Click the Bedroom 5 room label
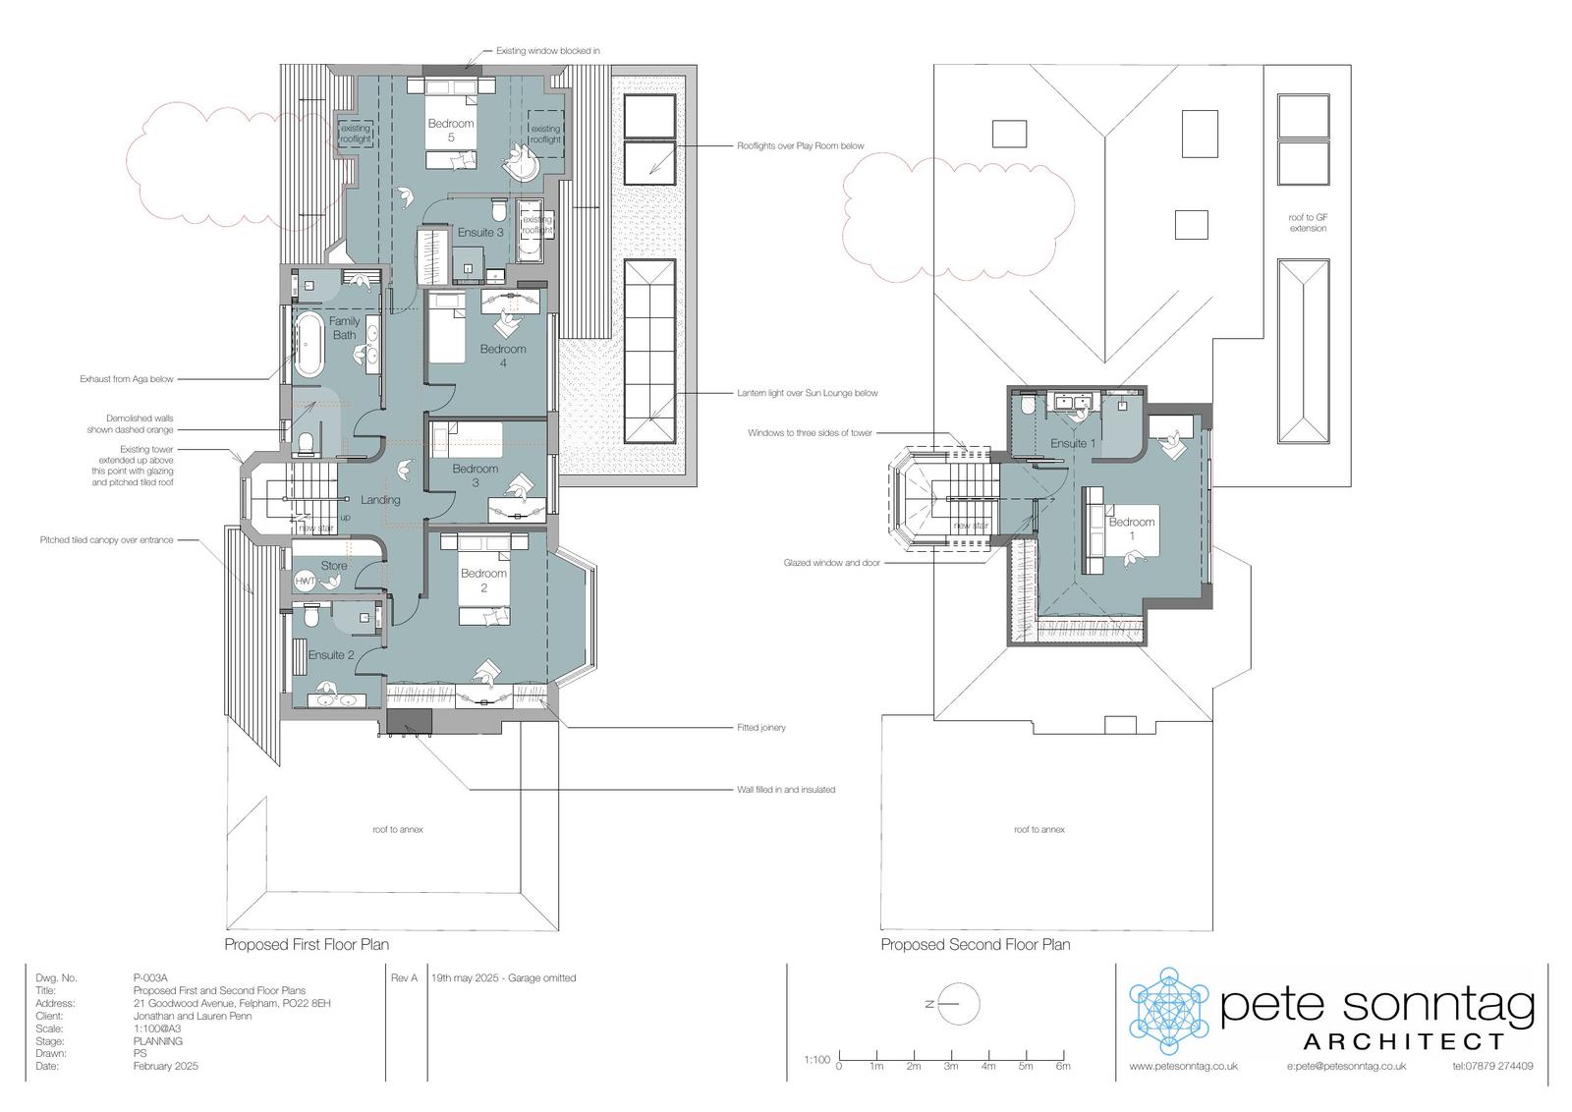451,131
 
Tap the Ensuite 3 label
480,232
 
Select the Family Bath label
344,328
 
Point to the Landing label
380,500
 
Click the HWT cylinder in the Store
306,581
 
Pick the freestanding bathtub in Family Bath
308,345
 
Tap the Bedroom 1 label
1131,529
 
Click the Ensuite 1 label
1072,443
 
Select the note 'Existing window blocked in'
547,50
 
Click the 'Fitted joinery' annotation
760,728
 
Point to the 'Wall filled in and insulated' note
786,789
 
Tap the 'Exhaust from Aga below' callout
127,379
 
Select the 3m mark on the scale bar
951,1066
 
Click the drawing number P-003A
150,977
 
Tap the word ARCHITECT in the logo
1404,1041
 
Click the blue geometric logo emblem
1168,1011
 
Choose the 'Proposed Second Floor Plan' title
976,944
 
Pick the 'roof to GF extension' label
1308,222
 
